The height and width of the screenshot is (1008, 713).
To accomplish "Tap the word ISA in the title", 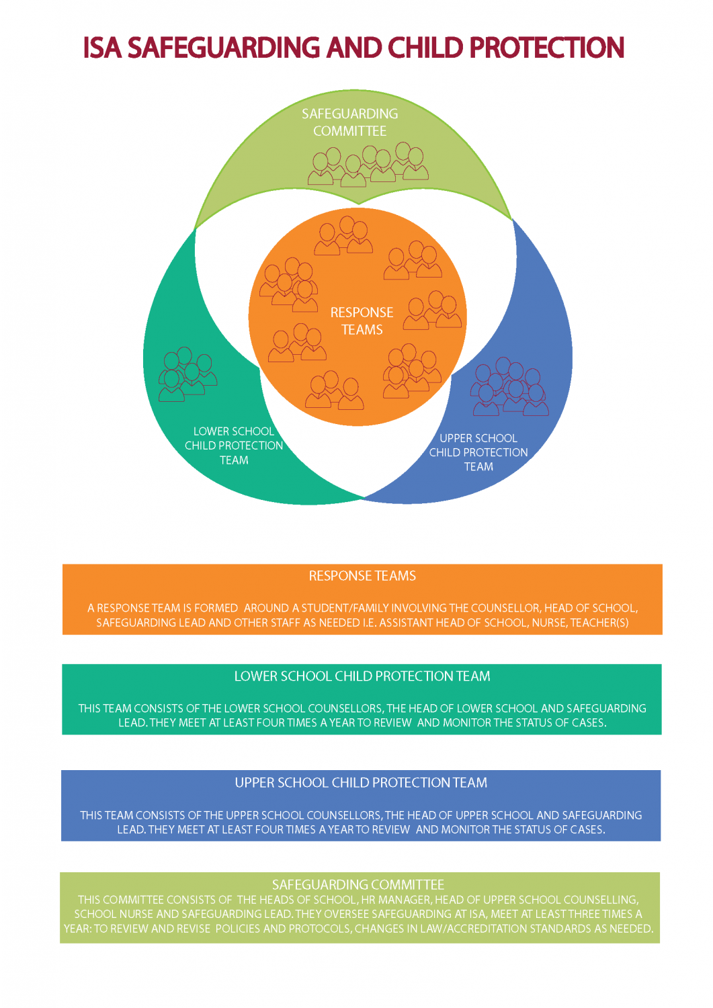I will coord(102,48).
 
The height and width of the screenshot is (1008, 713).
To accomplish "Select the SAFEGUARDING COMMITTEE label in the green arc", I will coord(349,122).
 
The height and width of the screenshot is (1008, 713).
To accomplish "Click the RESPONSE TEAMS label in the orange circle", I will coord(362,321).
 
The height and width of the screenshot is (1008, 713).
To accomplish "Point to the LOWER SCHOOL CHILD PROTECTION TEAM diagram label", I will coord(234,446).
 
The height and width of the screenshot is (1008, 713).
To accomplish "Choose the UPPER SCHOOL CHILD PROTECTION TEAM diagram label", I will coord(478,452).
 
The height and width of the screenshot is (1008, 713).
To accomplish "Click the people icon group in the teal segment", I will coord(187,375).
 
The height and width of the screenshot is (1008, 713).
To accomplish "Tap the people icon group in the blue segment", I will coord(509,388).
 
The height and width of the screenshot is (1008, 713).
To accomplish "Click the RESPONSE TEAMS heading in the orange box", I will coord(362,576).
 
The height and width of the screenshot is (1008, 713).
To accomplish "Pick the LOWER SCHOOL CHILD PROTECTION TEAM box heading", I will coord(362,676).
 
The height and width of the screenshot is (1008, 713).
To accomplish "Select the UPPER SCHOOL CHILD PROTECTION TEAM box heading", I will coord(361,783).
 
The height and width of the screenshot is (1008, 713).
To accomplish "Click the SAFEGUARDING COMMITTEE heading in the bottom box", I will coord(358,884).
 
